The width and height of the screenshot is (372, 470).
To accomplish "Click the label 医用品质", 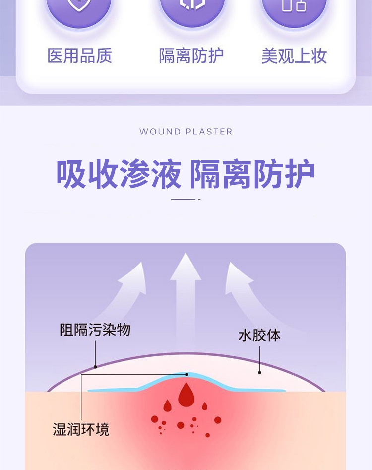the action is (80, 56).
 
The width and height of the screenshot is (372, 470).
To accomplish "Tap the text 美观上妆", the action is (294, 56).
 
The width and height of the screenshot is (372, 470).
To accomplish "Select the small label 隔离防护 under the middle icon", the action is (191, 56).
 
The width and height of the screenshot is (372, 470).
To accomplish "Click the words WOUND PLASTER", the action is (186, 132).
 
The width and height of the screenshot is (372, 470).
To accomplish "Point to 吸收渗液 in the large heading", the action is (119, 174).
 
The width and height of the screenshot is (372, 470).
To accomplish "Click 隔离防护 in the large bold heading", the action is (252, 174).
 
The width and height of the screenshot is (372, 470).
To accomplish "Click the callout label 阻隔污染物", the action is (95, 330).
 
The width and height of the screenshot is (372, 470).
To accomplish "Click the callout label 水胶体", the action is (259, 336).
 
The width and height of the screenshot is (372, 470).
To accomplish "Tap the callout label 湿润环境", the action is (81, 429).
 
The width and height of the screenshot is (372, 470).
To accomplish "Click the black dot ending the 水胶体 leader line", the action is (260, 373).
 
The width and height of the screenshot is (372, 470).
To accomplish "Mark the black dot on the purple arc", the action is (96, 367).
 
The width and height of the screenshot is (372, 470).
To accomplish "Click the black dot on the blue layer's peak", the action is (186, 374).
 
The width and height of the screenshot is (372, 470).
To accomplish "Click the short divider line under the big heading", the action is (186, 199).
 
